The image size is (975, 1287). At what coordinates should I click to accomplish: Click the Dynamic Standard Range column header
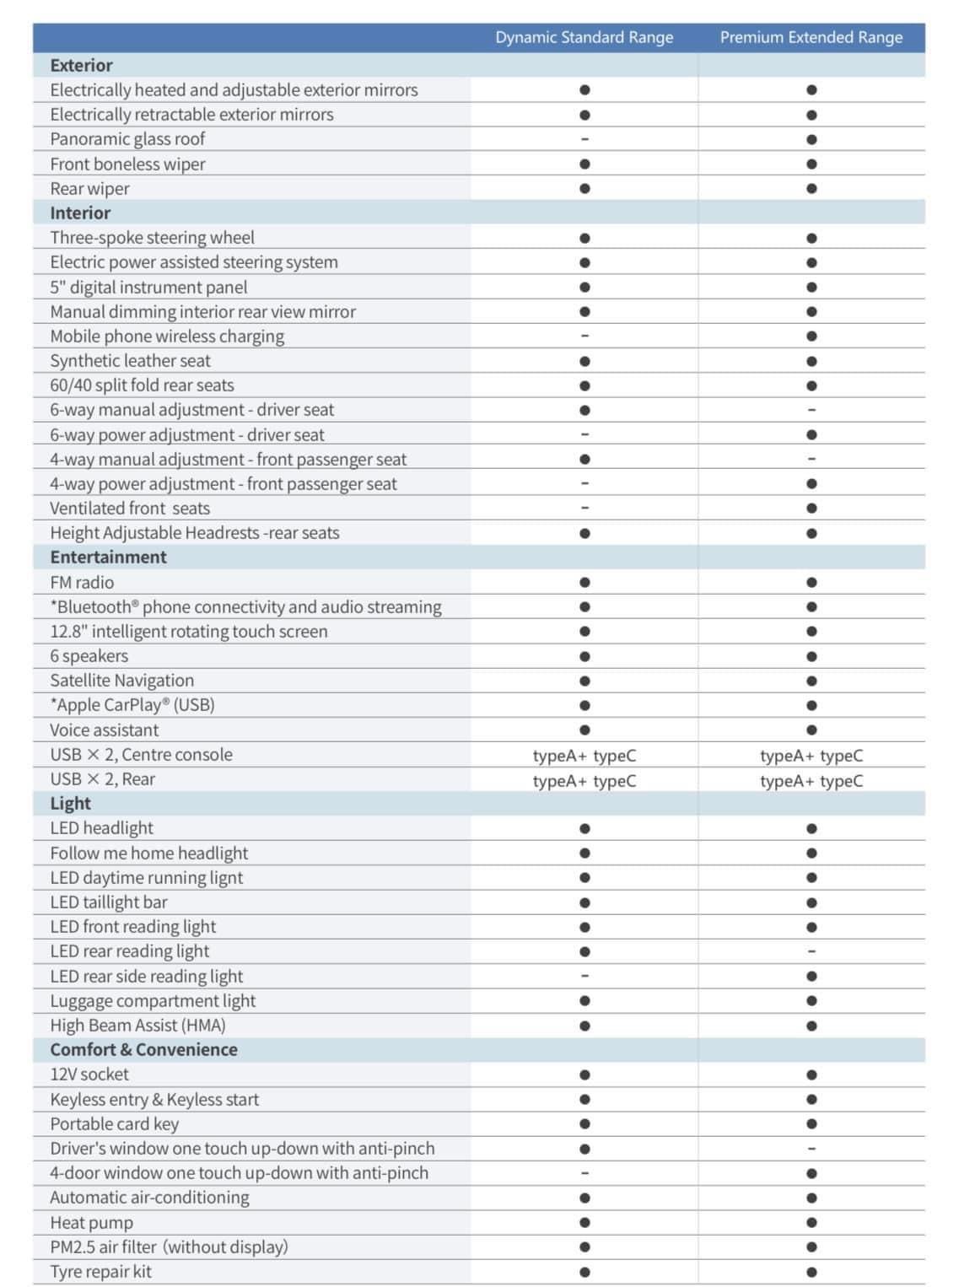(584, 37)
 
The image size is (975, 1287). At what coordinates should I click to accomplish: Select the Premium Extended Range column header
(811, 37)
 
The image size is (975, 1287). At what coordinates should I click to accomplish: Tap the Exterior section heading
(81, 65)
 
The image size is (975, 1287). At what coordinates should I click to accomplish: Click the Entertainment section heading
(108, 557)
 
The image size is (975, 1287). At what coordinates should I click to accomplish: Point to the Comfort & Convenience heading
(143, 1049)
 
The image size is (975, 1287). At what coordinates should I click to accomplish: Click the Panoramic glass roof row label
(127, 138)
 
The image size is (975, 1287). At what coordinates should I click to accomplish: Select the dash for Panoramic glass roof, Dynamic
(584, 139)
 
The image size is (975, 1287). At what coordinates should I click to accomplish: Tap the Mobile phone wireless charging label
(167, 336)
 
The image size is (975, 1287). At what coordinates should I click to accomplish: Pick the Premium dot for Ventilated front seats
(811, 508)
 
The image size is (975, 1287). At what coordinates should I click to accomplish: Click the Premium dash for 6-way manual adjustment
(811, 410)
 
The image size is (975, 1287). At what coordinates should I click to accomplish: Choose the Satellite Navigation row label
(121, 680)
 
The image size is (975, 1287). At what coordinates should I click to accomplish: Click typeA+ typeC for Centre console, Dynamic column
(584, 756)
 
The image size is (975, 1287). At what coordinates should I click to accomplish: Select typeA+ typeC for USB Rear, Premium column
(811, 780)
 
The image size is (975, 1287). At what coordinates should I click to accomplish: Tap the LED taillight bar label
(109, 902)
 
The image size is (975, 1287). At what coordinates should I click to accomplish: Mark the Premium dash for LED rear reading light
(811, 951)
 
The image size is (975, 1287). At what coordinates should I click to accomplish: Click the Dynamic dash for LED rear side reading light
(584, 976)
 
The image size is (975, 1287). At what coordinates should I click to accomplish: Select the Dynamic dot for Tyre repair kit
(584, 1272)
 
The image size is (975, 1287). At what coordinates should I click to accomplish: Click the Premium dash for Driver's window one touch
(811, 1149)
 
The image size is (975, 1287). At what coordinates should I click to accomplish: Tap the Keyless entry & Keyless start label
(154, 1099)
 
